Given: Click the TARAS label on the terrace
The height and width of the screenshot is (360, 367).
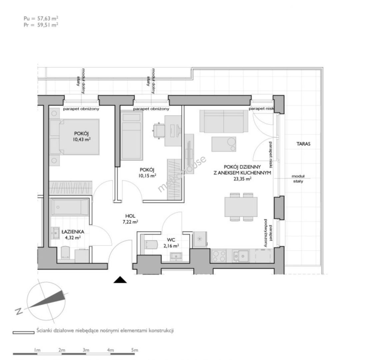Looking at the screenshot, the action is pyautogui.click(x=303, y=144).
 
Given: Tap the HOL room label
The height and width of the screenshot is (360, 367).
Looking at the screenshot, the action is pyautogui.click(x=130, y=216).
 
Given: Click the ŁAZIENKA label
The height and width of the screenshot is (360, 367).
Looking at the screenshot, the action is pyautogui.click(x=73, y=232).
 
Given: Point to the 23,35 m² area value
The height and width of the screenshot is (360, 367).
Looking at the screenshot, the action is pyautogui.click(x=242, y=179).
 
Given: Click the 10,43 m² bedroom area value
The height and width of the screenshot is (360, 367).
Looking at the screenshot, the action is pyautogui.click(x=81, y=139).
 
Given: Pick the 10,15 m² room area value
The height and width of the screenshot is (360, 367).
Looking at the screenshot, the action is pyautogui.click(x=147, y=176).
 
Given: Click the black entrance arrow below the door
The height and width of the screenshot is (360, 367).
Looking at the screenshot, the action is pyautogui.click(x=120, y=280).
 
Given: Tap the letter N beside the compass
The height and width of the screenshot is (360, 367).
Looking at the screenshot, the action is pyautogui.click(x=19, y=311).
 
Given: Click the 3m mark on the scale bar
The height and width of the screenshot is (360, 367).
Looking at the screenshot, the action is pyautogui.click(x=86, y=350).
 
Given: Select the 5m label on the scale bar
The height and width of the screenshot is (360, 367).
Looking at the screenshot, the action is pyautogui.click(x=135, y=350).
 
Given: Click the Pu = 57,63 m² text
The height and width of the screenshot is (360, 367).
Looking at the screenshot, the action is pyautogui.click(x=41, y=18).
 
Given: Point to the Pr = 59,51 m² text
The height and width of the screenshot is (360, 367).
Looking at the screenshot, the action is pyautogui.click(x=41, y=25).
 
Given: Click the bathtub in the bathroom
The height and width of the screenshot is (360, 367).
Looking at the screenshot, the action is pyautogui.click(x=70, y=207).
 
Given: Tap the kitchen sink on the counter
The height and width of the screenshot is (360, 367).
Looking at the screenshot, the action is pyautogui.click(x=241, y=256).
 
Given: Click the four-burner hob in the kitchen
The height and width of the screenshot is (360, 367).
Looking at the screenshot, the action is pyautogui.click(x=219, y=256).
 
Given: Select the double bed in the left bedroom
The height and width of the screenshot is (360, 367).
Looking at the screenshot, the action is pyautogui.click(x=74, y=137).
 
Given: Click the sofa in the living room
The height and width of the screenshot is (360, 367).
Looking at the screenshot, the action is pyautogui.click(x=224, y=121).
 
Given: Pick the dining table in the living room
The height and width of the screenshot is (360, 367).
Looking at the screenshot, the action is pyautogui.click(x=241, y=207).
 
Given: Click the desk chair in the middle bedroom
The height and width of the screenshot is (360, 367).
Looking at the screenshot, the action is pyautogui.click(x=158, y=131).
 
